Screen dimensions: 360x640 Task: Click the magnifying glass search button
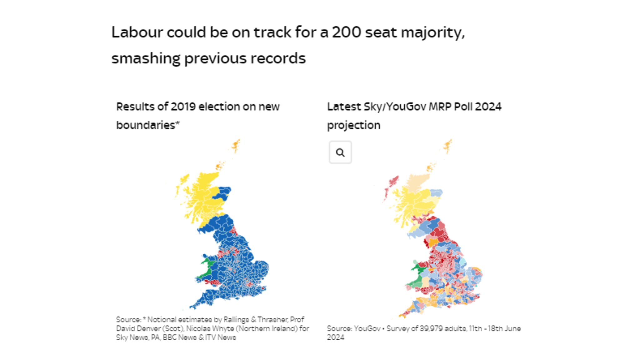tap(340, 152)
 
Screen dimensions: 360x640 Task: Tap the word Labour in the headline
tap(137, 32)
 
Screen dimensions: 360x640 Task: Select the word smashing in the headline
tap(146, 58)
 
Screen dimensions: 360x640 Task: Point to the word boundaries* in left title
tap(147, 125)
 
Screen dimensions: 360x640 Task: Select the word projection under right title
tap(353, 125)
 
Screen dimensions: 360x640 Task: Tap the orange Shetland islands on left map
tap(236, 145)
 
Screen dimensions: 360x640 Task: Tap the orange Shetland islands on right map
tap(448, 146)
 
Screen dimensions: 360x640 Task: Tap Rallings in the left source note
tap(236, 320)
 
